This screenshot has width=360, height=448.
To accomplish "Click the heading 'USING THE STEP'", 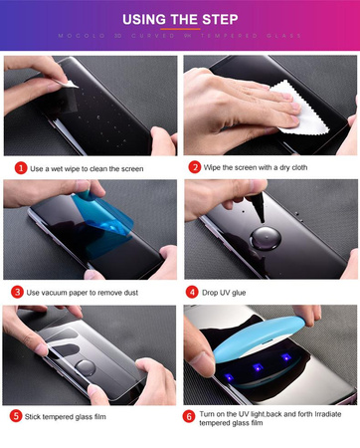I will [180, 18].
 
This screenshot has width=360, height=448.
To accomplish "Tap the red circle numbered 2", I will [195, 167].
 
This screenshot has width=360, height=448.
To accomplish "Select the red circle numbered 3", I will [17, 292].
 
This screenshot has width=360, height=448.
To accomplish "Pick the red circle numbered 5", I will [17, 415].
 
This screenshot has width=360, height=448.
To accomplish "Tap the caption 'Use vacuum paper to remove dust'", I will [90, 292].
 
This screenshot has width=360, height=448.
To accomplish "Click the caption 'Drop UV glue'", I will [233, 292].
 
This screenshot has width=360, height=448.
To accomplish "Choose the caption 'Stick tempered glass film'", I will [78, 415].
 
